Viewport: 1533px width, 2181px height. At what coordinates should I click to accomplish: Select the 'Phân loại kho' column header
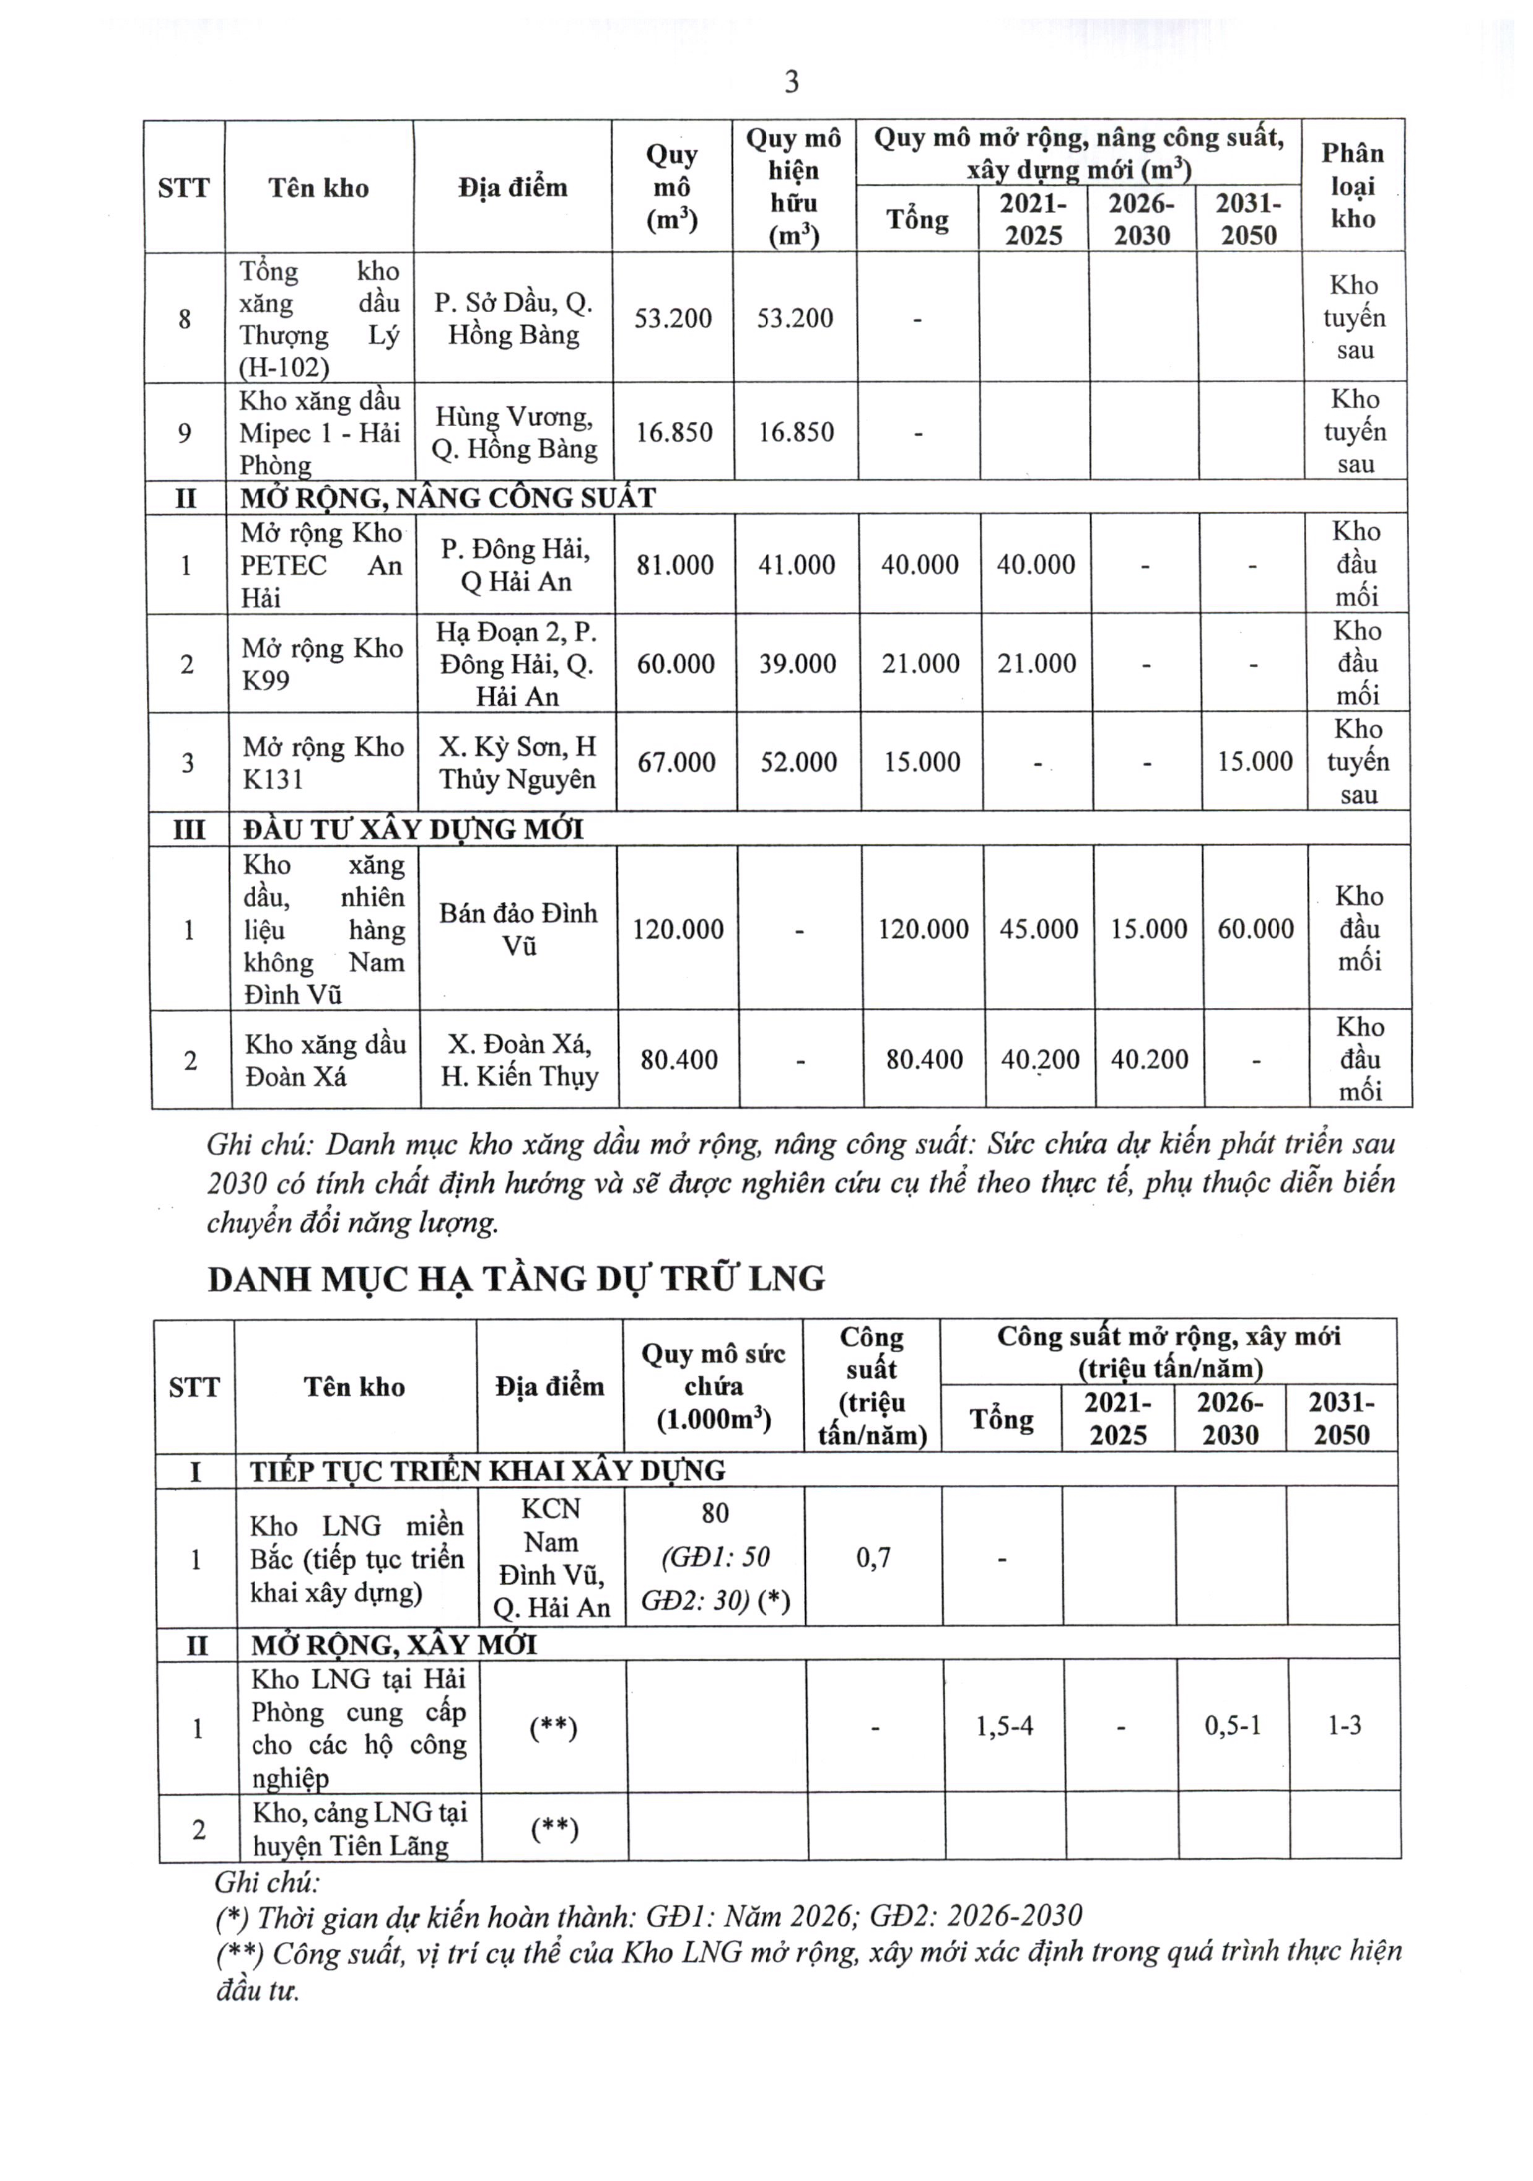(1353, 186)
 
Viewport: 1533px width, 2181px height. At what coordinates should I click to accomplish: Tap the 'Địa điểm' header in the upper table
(512, 187)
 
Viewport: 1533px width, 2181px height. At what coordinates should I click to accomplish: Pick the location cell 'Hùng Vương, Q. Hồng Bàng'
(514, 433)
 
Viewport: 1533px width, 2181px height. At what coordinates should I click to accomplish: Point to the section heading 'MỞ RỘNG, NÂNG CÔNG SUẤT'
(447, 498)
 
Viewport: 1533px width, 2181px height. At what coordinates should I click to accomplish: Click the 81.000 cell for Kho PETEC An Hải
(675, 565)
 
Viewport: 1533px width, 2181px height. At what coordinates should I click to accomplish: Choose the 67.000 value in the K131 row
(676, 763)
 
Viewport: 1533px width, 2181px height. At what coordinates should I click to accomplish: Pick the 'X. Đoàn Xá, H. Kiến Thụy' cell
(520, 1060)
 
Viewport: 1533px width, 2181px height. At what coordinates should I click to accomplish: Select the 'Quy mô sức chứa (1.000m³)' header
(714, 1386)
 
